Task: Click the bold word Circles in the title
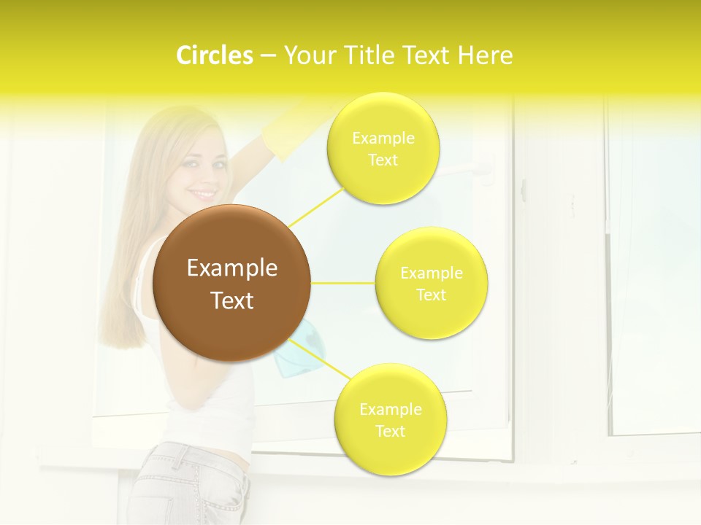214,55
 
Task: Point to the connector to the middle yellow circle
343,283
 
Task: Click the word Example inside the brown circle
232,268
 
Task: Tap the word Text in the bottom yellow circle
390,431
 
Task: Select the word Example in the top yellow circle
383,138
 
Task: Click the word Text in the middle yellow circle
432,295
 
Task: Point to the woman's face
199,175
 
